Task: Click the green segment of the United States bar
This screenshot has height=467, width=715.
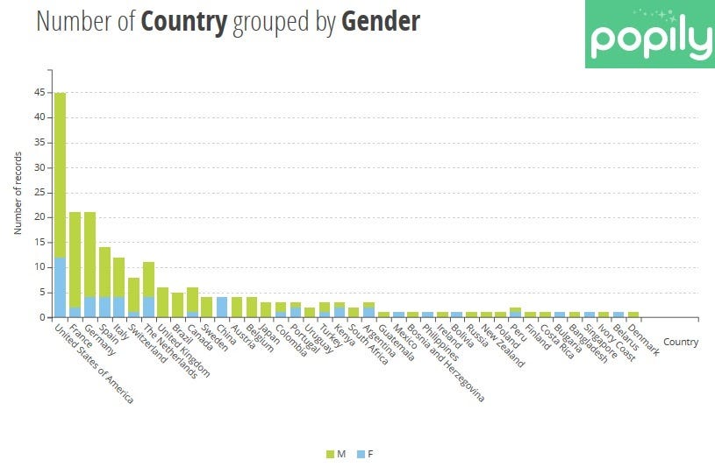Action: coord(60,175)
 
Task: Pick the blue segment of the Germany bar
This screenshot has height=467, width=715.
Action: coord(89,307)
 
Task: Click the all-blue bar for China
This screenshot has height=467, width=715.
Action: coord(222,307)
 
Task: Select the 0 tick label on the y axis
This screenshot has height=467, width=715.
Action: coord(42,317)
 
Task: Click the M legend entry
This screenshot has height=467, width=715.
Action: coord(335,454)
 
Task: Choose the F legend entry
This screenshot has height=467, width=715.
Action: coord(364,454)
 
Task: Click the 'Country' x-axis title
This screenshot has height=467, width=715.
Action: coord(681,343)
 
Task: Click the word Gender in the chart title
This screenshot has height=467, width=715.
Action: coord(380,22)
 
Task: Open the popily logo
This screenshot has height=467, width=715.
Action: coord(650,35)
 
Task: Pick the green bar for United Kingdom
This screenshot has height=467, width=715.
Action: coord(163,302)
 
